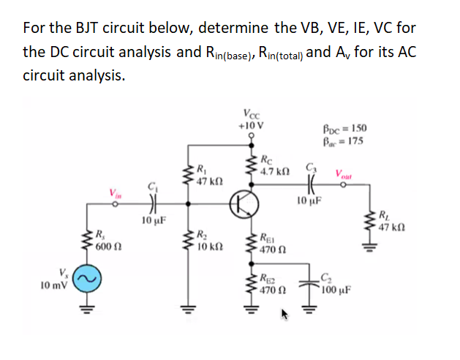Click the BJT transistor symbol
(241, 204)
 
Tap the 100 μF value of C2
(336, 288)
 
